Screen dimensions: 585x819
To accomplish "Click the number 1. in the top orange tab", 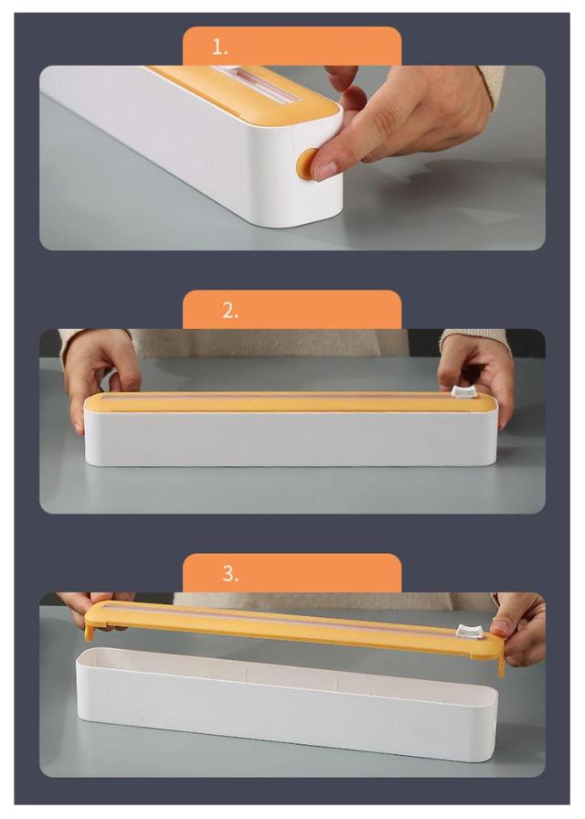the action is pos(220,48).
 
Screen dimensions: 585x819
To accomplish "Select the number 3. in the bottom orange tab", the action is pos(229,573).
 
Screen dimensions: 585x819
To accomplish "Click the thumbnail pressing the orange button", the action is pos(325,170).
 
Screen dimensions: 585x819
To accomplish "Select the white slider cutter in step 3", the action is pos(469,631).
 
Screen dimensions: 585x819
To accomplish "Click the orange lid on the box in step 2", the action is pos(291,401).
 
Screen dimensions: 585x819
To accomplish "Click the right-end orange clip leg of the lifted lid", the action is pos(502,665).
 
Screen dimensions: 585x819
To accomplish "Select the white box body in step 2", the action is pos(291,438).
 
